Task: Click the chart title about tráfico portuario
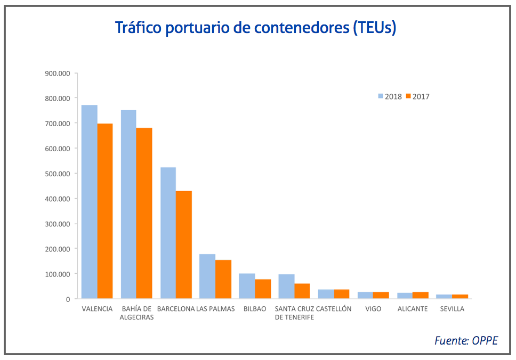tap(256, 27)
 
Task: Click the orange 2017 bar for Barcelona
tap(184, 244)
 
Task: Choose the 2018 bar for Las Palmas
tap(207, 276)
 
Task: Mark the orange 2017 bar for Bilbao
tap(263, 289)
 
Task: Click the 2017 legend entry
tap(418, 96)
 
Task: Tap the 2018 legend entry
tap(390, 96)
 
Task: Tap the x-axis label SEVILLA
tap(452, 309)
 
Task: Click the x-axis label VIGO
tap(373, 309)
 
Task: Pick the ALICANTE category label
tap(413, 309)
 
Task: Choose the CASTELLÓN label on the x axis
tap(334, 309)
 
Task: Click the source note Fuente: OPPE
tap(466, 340)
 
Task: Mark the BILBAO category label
tap(255, 309)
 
